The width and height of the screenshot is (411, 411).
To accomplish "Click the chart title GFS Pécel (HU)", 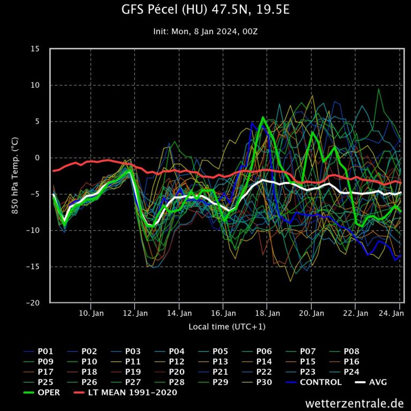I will pos(205,11).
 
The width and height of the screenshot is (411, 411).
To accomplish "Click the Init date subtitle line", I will pos(205,32).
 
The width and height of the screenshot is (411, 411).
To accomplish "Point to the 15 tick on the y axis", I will pos(35,49).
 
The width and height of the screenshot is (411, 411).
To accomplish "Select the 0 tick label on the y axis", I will pos(37,158).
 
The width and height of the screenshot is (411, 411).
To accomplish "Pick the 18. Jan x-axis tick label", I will pos(268,313).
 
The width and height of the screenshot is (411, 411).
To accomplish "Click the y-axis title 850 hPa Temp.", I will pos(15,176).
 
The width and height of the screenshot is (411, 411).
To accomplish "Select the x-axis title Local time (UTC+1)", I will pos(227,326).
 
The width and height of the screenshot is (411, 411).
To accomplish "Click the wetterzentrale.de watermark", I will pos(355,403).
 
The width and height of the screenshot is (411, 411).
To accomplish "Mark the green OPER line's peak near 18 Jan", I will pos(263,117).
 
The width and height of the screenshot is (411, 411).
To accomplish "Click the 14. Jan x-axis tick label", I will pos(179,313).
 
